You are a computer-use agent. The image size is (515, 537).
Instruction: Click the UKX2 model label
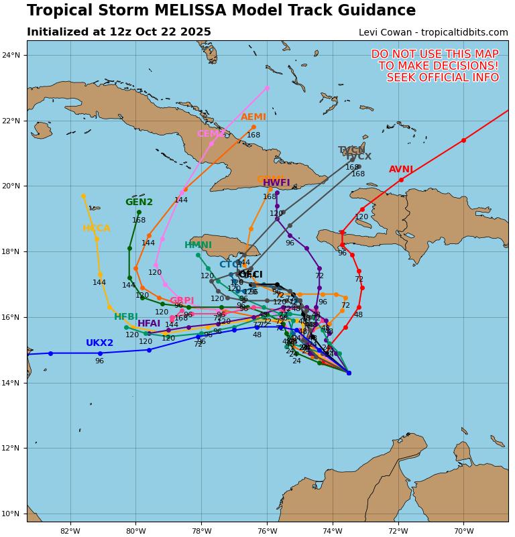click(x=99, y=343)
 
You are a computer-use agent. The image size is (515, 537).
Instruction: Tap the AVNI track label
click(x=401, y=170)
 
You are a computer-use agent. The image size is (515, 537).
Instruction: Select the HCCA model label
click(x=97, y=229)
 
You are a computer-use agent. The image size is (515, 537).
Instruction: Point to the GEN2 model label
click(x=139, y=202)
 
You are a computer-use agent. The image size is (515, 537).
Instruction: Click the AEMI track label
click(x=253, y=117)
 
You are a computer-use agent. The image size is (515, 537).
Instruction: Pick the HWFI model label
click(x=276, y=183)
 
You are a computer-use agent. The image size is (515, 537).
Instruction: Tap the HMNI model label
click(x=198, y=245)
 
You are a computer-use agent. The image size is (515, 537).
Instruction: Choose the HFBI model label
click(x=126, y=317)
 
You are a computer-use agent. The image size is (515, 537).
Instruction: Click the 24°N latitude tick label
click(x=11, y=55)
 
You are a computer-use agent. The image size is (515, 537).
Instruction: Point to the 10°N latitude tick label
click(x=11, y=514)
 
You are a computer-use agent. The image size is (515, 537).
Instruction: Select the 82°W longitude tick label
click(x=70, y=532)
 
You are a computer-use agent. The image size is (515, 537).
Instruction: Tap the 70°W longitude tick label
click(x=463, y=532)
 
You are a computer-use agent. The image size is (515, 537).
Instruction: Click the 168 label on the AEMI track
click(x=253, y=135)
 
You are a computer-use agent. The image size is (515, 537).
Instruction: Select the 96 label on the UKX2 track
click(x=99, y=361)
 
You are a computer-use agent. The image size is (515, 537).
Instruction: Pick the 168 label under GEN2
click(x=139, y=221)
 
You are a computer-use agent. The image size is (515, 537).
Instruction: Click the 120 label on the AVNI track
click(x=361, y=217)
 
